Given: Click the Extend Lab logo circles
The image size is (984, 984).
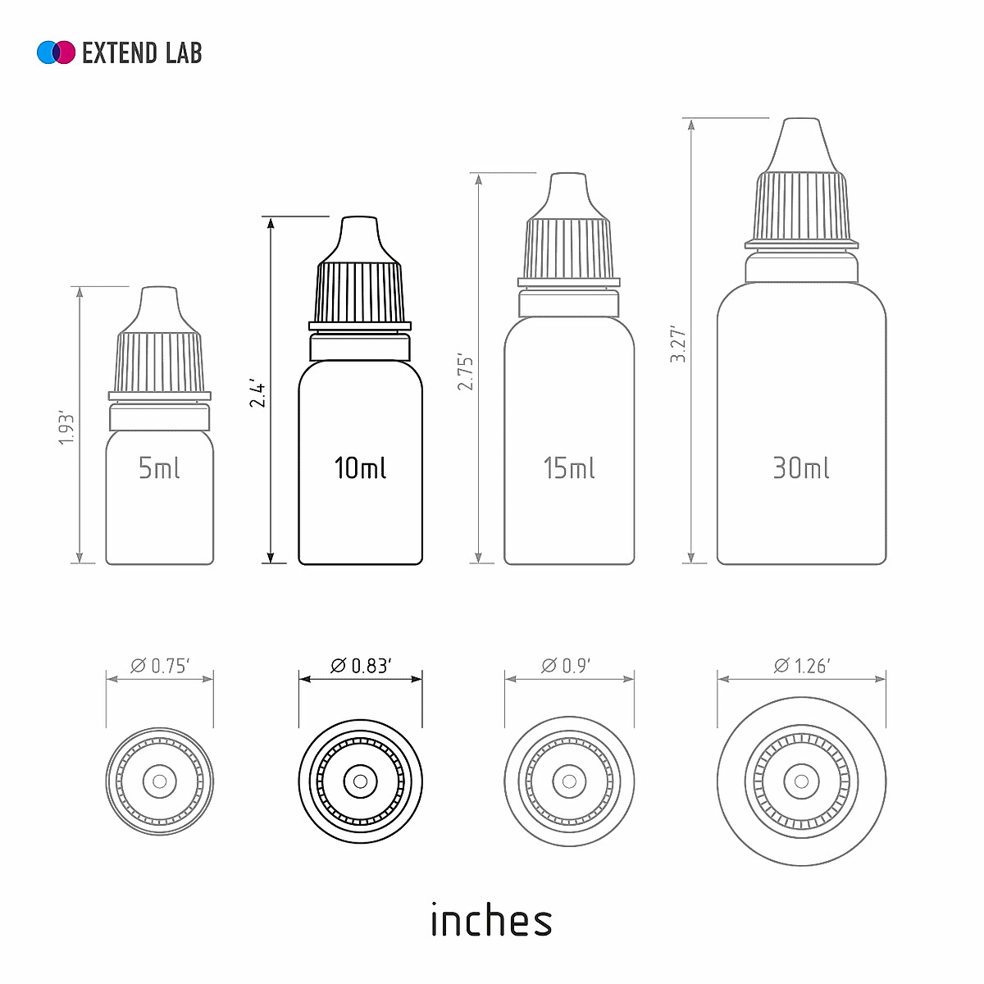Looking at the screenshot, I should tap(56, 52).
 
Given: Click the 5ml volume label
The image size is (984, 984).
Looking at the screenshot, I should tap(159, 468).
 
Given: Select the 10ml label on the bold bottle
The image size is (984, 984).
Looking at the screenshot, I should tap(360, 468).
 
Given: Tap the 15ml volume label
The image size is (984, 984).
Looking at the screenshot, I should tap(569, 468).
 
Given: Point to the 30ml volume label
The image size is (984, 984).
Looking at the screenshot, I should tap(801, 468).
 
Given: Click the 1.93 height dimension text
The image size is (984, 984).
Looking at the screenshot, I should tap(66, 429).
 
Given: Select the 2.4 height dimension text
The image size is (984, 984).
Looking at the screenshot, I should tap(257, 394).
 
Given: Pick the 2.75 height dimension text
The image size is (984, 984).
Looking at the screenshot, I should tap(466, 371).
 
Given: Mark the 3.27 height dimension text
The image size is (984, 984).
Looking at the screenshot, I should tap(678, 344).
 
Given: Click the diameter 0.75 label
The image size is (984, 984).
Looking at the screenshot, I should tap(160, 666).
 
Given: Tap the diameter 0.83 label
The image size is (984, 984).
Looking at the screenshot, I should tap(361, 666).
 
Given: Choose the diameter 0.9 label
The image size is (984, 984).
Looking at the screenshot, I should tap(566, 666).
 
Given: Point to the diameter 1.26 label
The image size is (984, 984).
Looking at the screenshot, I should tap(802, 666).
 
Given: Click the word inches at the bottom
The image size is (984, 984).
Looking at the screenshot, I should tap(491, 921).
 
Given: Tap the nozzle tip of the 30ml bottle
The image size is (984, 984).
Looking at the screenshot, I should tap(801, 139).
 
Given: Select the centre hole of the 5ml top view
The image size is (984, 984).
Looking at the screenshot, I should tap(160, 781).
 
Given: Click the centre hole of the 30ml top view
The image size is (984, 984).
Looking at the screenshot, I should tap(801, 781).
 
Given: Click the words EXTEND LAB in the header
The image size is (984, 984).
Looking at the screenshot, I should tap(142, 53).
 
